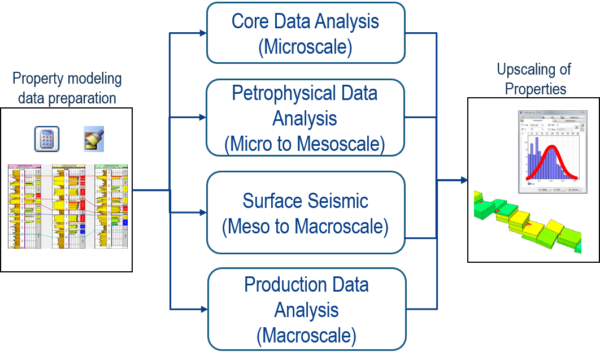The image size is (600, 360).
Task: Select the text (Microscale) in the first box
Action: coord(305,47)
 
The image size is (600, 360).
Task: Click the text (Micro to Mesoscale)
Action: coord(305,144)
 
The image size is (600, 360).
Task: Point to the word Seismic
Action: coord(334,201)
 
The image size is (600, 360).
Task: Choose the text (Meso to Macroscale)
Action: coord(305,227)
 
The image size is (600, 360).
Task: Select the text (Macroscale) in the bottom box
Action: coord(306,336)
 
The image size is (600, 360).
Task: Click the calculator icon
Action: coord(47,139)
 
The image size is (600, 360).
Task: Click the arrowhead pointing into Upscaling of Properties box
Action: coord(464,181)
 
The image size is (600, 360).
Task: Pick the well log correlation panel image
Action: coord(68,206)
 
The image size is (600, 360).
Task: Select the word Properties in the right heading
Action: coord(535,89)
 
